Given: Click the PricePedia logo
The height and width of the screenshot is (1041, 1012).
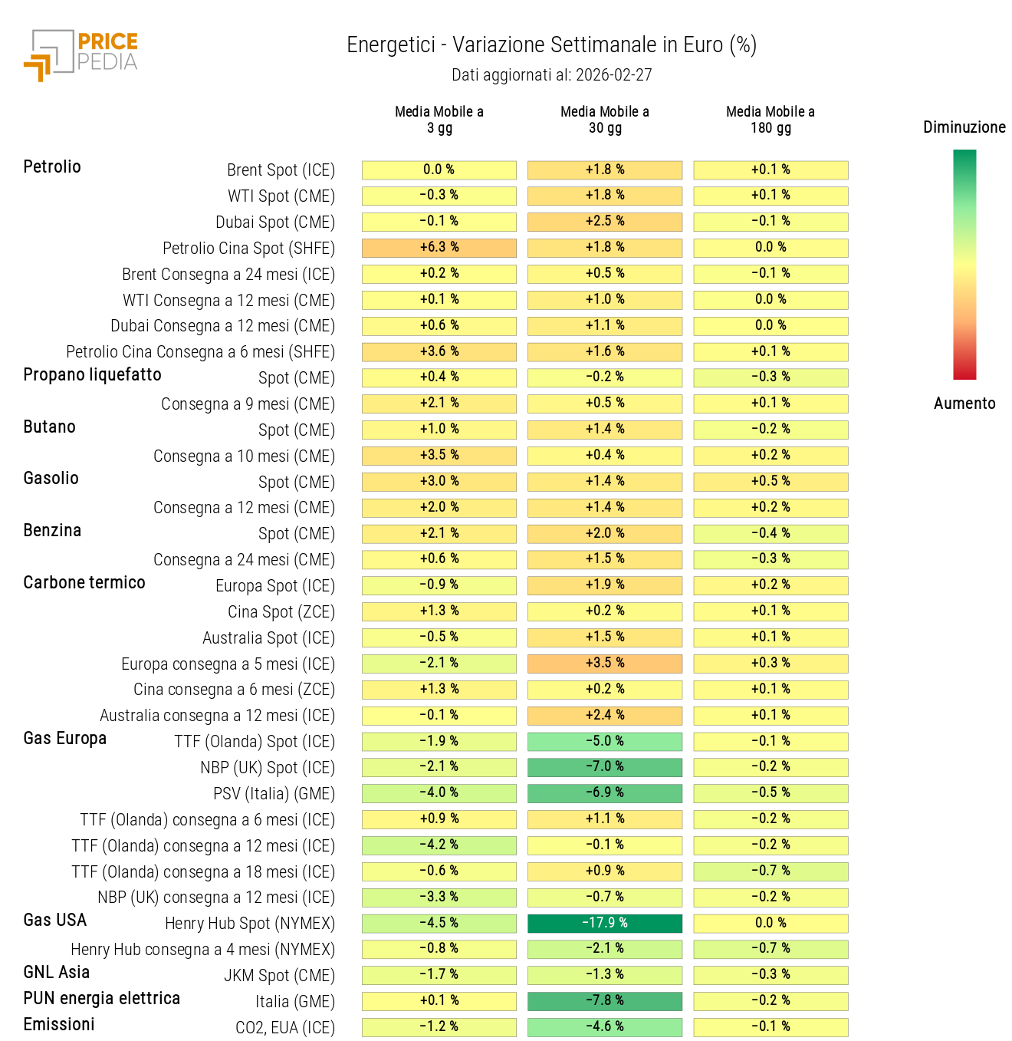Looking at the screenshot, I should (81, 54).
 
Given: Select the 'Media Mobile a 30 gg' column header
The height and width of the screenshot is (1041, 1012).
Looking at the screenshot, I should (605, 120).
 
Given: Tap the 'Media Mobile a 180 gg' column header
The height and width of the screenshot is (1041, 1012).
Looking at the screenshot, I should (770, 120).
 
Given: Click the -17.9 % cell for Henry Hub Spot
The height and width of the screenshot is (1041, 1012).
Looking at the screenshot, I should (605, 923).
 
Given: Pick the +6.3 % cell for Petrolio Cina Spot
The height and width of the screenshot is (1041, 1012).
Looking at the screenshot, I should (439, 248).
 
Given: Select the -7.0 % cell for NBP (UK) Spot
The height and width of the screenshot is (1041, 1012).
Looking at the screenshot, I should (605, 767).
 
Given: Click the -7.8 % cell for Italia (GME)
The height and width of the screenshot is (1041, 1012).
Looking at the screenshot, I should (605, 1001).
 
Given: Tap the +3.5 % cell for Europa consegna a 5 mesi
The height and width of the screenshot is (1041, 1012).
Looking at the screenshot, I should (605, 663).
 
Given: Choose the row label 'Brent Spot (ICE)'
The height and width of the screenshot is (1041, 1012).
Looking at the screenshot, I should (281, 170).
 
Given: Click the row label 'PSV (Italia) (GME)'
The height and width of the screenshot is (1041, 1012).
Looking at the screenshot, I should (274, 794).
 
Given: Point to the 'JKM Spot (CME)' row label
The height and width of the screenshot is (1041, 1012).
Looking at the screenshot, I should (279, 976).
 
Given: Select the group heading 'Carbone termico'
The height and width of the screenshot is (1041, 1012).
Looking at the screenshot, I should (84, 583).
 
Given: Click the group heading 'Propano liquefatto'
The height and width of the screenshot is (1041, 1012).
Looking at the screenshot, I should (92, 375).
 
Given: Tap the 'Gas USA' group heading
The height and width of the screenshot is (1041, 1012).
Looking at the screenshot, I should (55, 921).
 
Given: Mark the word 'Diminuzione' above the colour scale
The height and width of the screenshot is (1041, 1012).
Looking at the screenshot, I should (964, 127).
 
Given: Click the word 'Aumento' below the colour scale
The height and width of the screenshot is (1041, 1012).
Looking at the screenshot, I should (964, 404).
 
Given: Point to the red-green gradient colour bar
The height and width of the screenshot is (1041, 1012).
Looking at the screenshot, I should (964, 265).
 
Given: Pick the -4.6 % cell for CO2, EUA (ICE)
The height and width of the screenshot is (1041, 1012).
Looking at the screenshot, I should (605, 1027).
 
